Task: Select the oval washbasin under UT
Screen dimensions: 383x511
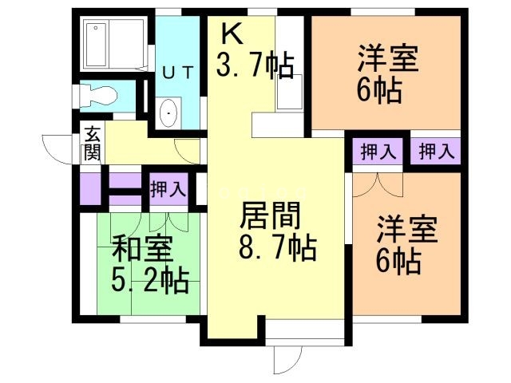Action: tap(170, 114)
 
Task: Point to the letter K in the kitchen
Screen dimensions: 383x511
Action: tap(232, 33)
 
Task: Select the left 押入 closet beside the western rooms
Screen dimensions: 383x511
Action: tap(378, 152)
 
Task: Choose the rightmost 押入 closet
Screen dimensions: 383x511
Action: tap(436, 151)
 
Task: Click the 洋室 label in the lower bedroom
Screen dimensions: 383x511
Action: tap(407, 230)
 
